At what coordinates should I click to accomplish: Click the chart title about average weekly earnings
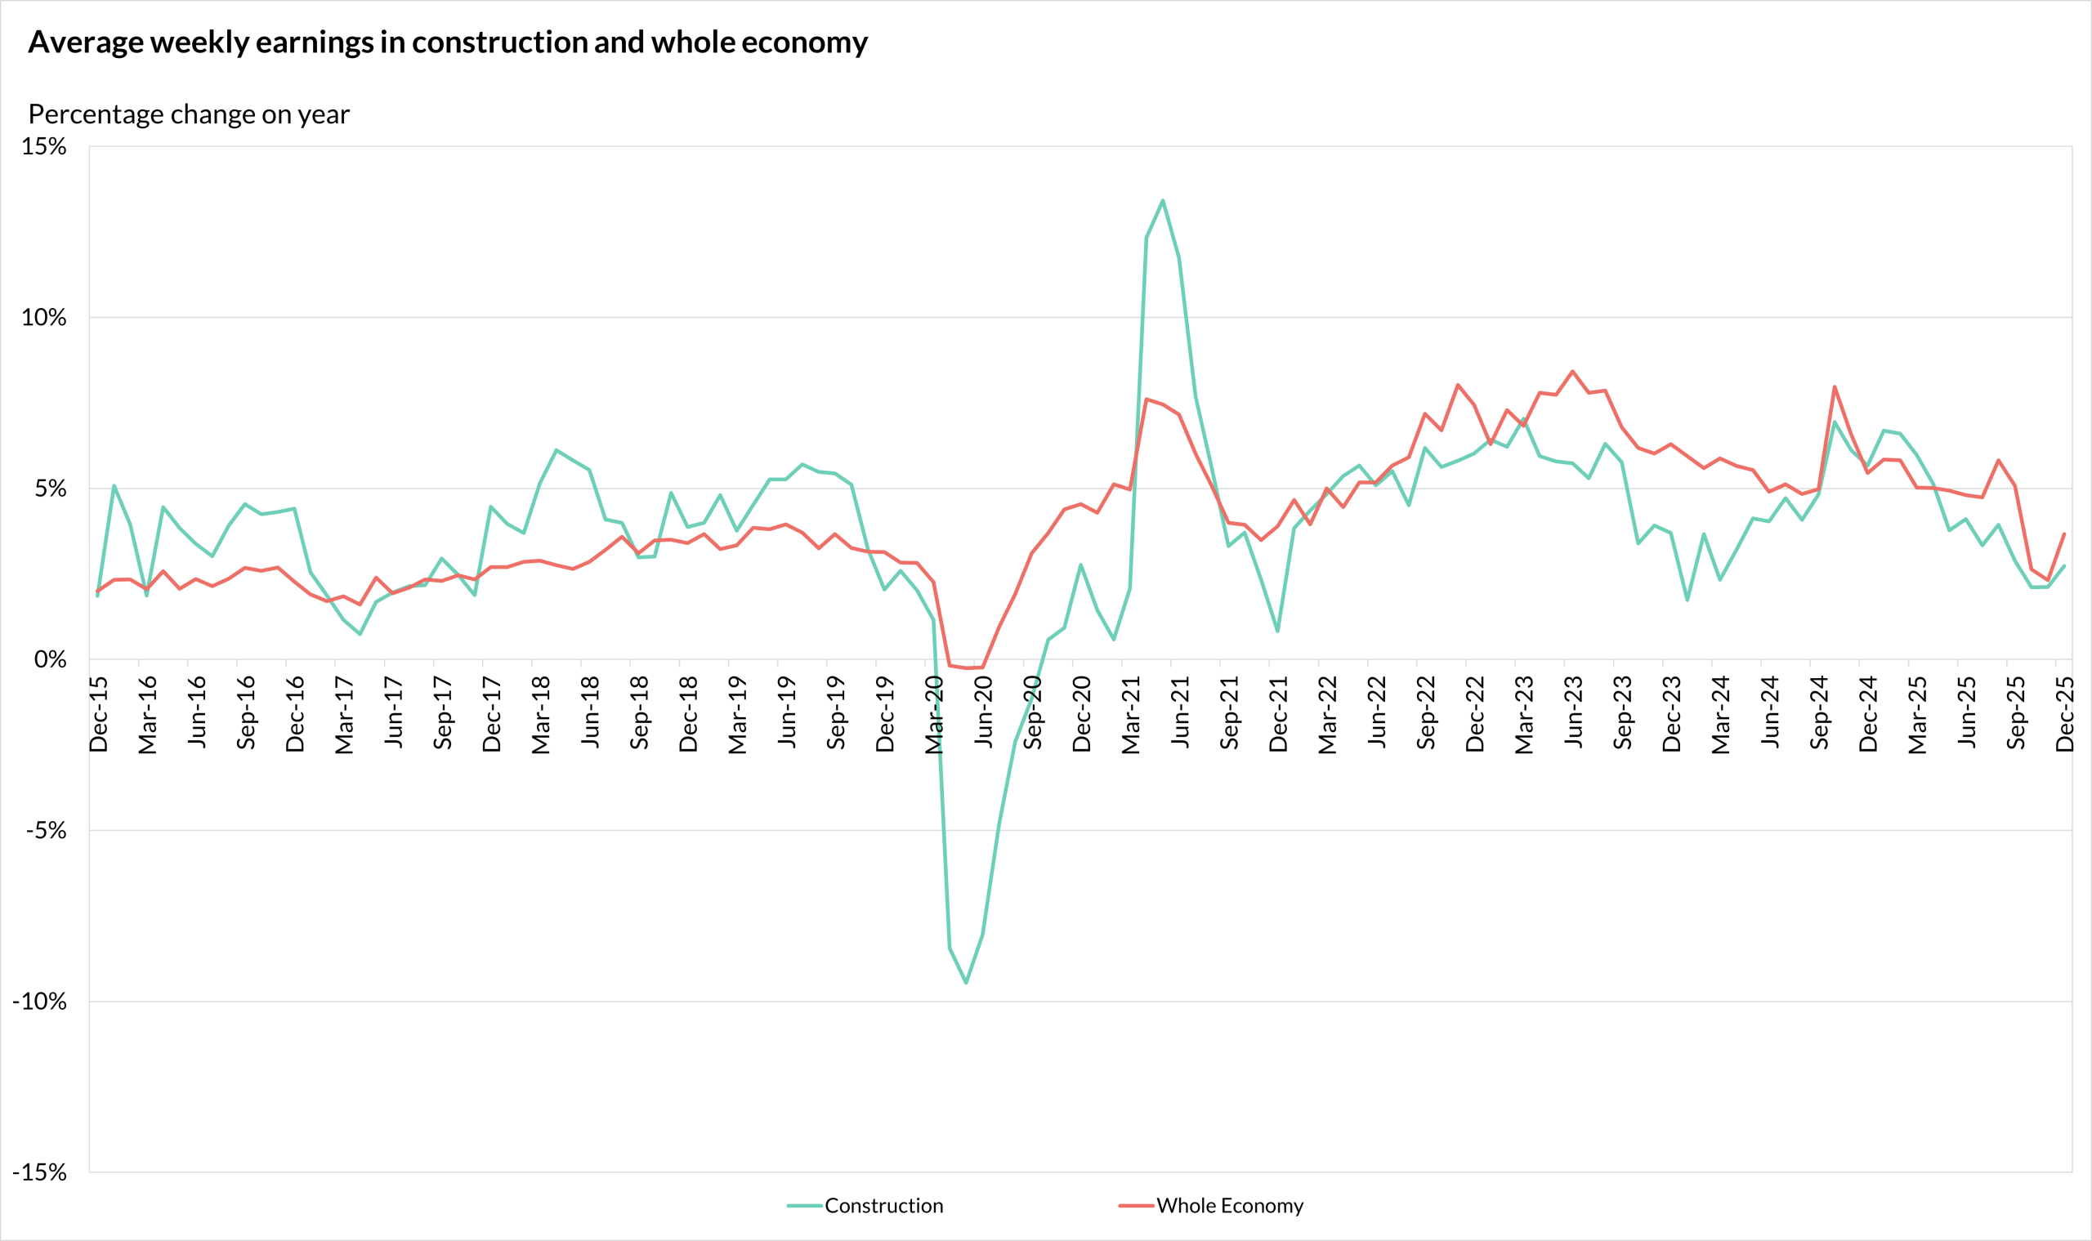tap(448, 42)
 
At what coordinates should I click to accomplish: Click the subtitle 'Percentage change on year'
tap(188, 114)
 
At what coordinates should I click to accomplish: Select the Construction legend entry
tap(883, 1205)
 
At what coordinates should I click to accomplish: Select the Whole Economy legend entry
tap(1229, 1205)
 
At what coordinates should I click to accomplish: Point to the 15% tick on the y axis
tap(43, 146)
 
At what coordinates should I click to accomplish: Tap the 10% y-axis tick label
tap(43, 317)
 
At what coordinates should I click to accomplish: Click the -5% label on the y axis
tap(45, 829)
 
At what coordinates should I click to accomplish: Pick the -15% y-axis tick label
tap(39, 1172)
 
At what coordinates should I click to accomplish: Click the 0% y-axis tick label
tap(49, 659)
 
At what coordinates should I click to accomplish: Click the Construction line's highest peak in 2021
tap(1163, 200)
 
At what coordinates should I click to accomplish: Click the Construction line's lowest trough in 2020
tap(966, 983)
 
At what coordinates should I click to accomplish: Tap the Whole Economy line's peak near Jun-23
tap(1572, 370)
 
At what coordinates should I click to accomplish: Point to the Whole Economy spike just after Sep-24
tap(1835, 386)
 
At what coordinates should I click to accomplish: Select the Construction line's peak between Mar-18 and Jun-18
tap(557, 450)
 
